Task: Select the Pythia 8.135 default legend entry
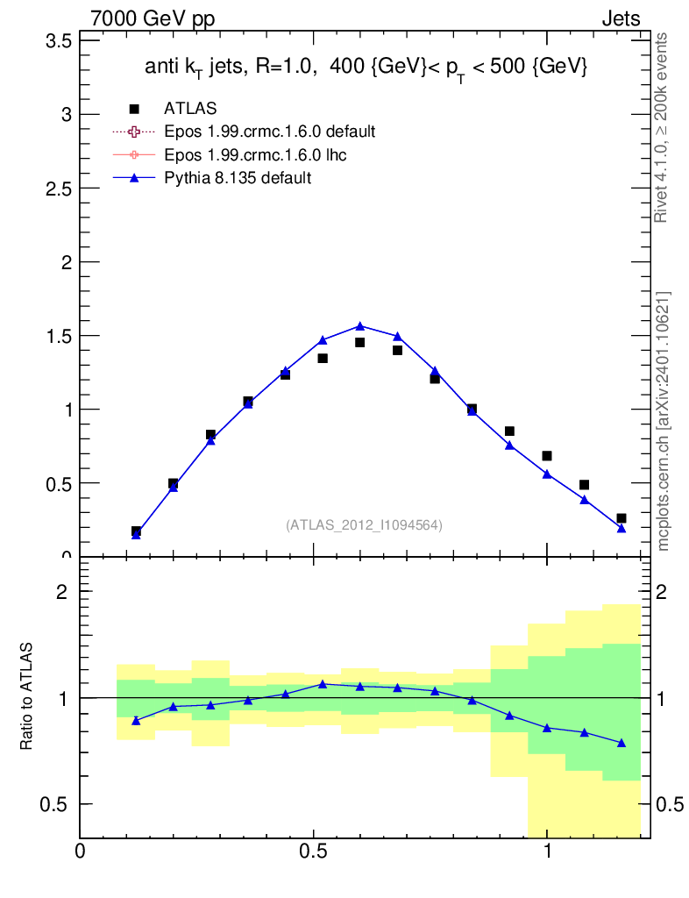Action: pos(238,177)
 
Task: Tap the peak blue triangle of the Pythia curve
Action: pos(359,326)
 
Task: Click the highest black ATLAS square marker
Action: pos(359,343)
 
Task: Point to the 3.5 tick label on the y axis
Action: pos(58,41)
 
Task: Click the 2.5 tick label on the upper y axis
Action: pos(58,189)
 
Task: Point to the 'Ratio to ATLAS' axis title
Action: pos(29,697)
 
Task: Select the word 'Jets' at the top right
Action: pos(620,18)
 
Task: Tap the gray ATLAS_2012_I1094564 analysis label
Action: pos(364,525)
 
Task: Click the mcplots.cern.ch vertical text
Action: pos(664,421)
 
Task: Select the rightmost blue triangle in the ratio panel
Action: pos(622,743)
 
